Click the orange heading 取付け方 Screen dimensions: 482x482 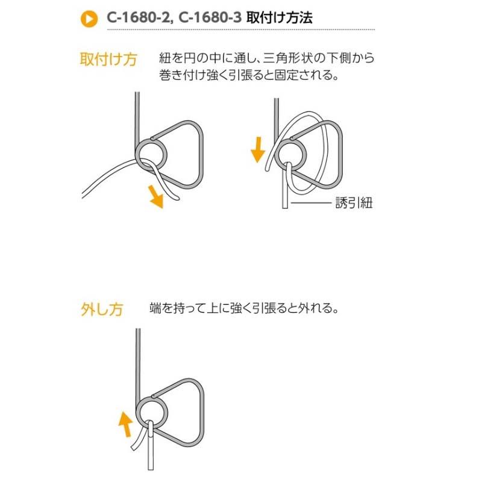[x=108, y=60]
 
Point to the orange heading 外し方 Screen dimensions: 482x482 [x=101, y=310]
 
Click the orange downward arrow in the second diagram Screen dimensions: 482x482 [x=258, y=149]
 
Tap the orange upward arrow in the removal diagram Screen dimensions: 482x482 [x=125, y=423]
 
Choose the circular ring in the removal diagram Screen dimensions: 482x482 [x=149, y=411]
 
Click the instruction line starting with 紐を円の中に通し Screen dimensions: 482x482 [x=267, y=58]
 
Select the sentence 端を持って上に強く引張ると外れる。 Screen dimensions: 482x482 [x=245, y=308]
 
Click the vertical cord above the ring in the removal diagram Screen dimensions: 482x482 [x=139, y=361]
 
